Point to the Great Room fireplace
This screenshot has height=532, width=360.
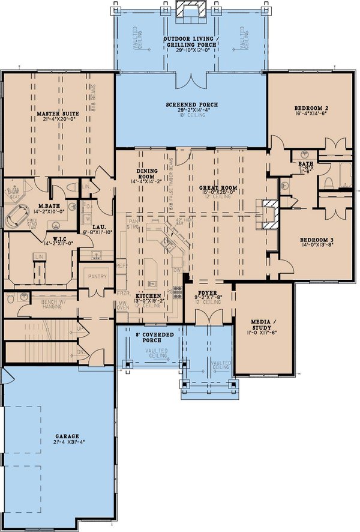click(268, 213)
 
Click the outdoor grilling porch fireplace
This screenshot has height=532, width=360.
click(191, 10)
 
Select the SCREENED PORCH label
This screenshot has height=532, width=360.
click(191, 104)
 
